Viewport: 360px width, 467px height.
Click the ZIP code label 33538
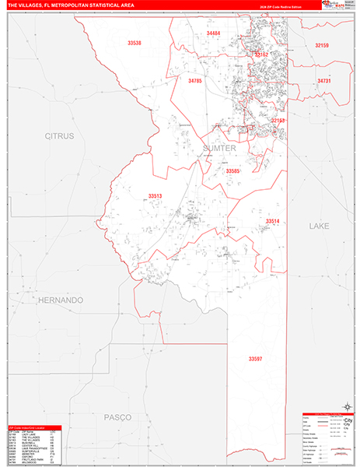(x=135, y=43)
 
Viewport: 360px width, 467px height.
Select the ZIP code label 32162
(x=260, y=54)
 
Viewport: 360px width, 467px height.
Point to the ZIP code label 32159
(x=322, y=46)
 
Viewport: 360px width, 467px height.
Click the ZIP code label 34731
(x=324, y=81)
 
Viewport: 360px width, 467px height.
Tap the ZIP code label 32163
(x=278, y=121)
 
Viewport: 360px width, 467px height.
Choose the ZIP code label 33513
(x=156, y=196)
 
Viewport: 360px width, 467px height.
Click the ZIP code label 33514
(x=272, y=221)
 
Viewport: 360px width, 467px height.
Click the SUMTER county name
(x=218, y=147)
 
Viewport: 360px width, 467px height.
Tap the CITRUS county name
(x=59, y=135)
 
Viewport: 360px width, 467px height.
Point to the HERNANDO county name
(x=58, y=300)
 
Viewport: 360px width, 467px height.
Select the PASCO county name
(x=119, y=418)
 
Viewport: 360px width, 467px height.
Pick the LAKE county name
(x=320, y=226)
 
